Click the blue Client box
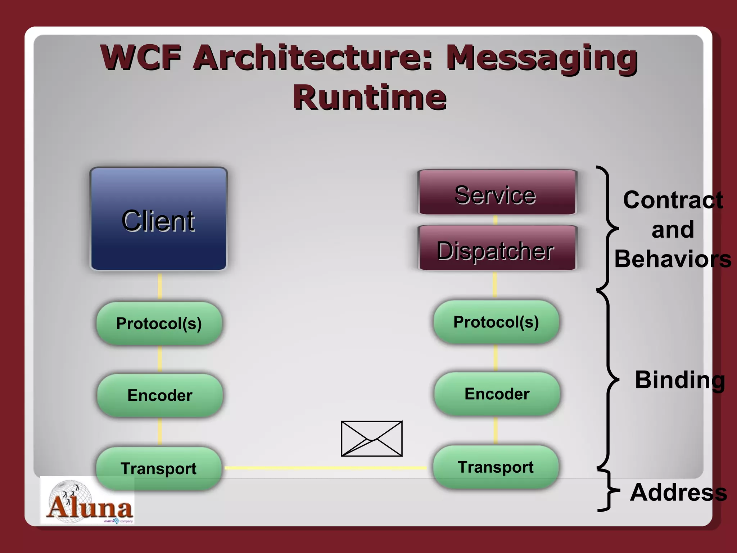159,219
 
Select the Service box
497,193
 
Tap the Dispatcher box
497,248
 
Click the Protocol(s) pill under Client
159,323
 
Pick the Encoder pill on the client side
160,395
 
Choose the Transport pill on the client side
159,468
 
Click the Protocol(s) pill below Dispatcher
496,322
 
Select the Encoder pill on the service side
497,394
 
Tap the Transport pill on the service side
496,467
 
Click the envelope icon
372,439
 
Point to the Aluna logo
87,501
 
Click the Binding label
680,380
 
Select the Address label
678,492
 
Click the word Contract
673,200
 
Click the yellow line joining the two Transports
326,468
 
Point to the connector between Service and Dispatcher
496,220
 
